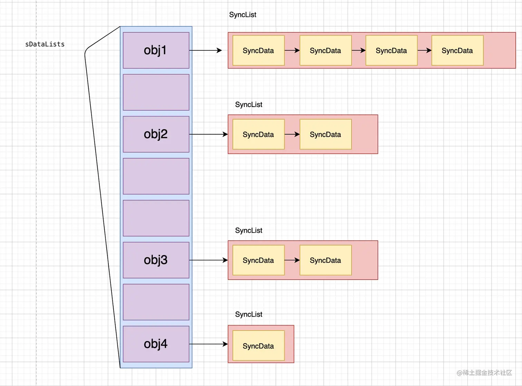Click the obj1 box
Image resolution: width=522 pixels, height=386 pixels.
tap(156, 50)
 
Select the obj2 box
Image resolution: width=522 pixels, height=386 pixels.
tap(156, 134)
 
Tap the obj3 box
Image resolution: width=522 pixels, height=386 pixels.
tap(156, 260)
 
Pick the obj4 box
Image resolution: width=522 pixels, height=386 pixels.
tap(156, 344)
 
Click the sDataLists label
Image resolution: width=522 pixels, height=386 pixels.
tap(45, 44)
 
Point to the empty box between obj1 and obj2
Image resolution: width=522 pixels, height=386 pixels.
tap(156, 92)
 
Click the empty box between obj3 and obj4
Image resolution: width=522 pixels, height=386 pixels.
tap(156, 302)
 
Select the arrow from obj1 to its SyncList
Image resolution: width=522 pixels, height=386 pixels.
tap(205, 50)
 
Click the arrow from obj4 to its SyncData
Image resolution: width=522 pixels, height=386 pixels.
tap(208, 344)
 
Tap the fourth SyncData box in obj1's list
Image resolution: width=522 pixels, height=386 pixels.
tap(457, 50)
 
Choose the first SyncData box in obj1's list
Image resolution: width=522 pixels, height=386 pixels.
tap(258, 50)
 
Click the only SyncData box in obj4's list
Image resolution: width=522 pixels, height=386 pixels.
tap(258, 346)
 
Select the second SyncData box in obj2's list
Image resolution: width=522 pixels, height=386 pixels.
tap(325, 134)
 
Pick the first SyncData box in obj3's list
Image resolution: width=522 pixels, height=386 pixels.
tap(258, 260)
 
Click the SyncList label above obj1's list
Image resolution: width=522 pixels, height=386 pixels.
tap(242, 15)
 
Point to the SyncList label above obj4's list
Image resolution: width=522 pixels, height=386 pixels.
tap(249, 314)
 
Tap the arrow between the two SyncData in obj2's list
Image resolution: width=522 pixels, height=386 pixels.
tap(292, 134)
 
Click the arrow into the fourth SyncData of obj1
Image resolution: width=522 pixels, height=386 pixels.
tap(424, 50)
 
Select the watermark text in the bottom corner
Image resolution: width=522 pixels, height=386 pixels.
tap(484, 373)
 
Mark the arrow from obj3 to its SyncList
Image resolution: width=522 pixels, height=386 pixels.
tap(208, 260)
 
